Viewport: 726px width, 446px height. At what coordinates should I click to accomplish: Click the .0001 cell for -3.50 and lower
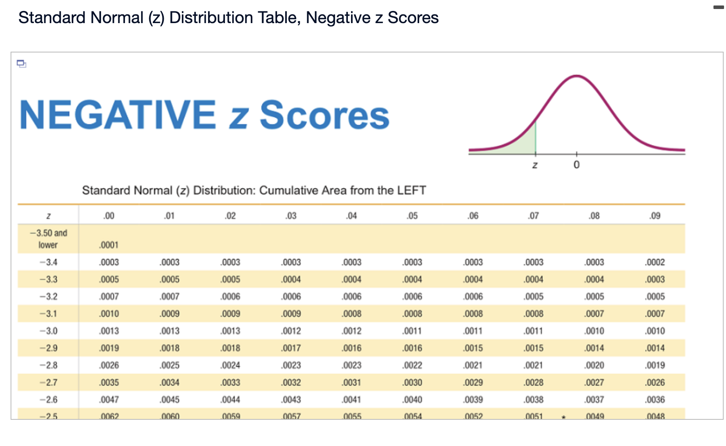point(109,245)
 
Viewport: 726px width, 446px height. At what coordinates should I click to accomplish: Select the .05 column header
point(412,216)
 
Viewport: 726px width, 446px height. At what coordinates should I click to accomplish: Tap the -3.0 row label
point(49,331)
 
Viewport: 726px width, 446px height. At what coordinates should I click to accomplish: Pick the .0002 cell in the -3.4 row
point(655,262)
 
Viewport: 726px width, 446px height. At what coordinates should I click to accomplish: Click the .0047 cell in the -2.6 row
point(109,400)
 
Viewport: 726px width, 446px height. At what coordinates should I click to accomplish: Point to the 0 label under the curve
point(576,165)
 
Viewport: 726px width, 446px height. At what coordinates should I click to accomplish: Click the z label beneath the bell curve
point(535,165)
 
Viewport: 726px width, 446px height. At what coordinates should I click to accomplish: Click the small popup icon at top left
point(22,63)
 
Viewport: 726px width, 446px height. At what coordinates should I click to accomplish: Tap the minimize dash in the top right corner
point(719,7)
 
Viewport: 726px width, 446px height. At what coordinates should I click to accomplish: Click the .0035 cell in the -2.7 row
point(109,383)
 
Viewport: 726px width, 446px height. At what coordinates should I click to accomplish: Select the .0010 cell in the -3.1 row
point(109,314)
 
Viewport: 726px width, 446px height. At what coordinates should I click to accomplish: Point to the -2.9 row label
point(49,348)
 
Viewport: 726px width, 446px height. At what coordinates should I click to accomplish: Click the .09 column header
point(655,216)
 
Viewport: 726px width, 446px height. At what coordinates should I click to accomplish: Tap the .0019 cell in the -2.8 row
point(655,365)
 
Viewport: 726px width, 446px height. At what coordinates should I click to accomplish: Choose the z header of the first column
point(48,216)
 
